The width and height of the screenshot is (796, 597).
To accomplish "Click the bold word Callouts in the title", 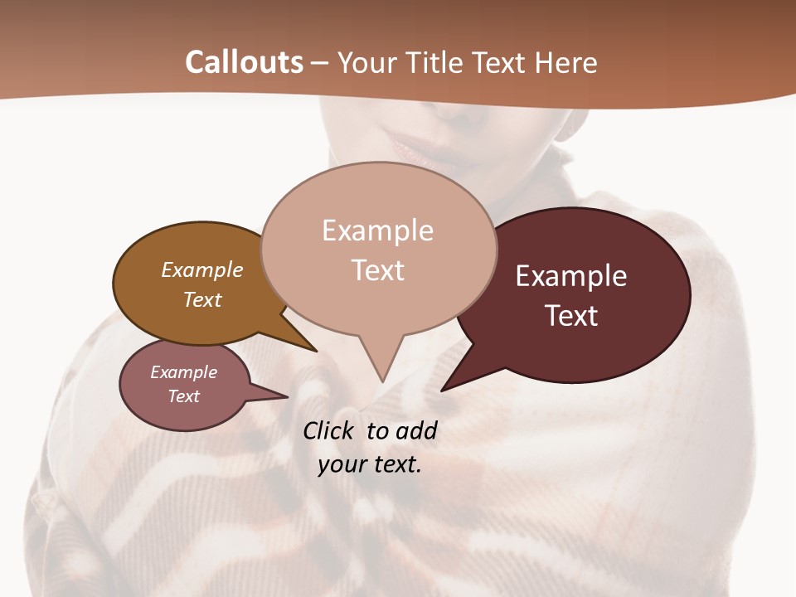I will point(244,62).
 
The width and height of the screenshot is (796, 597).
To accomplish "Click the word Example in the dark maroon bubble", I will point(571,276).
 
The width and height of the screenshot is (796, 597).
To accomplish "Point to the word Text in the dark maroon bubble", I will point(571,316).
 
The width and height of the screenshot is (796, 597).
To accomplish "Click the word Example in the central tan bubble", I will point(377,231).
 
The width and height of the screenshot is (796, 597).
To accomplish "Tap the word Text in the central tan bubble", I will point(377,270).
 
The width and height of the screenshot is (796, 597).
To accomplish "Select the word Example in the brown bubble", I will point(201,270).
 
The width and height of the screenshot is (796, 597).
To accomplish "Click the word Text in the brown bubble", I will point(201,300).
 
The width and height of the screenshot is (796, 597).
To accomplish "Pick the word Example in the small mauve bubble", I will point(183,372).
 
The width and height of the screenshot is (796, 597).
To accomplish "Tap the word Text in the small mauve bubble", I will point(183,396).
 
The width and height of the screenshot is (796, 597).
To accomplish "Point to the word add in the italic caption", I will point(416,431).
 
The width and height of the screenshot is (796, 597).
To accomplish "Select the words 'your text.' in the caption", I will point(369,464).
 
